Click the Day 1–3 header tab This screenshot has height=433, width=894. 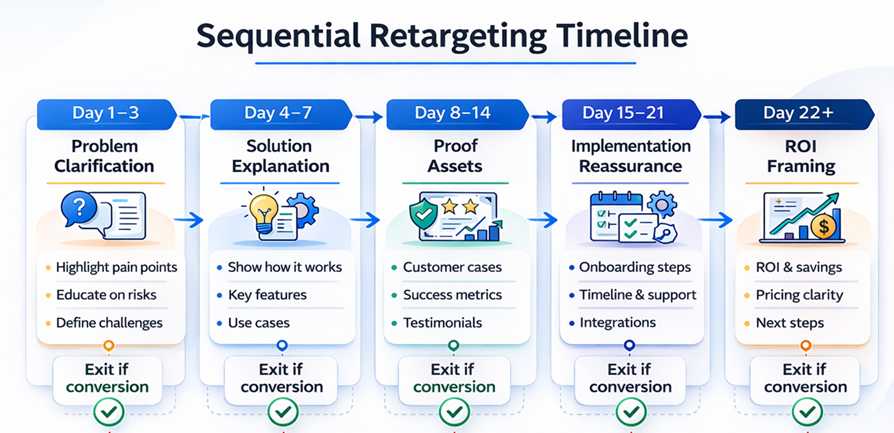(105, 113)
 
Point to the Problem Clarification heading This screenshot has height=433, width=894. (104, 156)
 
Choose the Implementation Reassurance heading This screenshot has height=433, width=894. (630, 156)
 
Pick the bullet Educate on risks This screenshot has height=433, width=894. (106, 295)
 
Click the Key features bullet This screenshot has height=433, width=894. (267, 295)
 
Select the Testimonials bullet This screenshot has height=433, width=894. (442, 323)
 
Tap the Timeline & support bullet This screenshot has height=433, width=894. (637, 295)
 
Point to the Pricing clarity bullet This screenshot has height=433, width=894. (799, 295)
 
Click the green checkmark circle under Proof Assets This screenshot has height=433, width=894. (455, 412)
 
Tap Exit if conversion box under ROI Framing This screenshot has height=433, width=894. (805, 378)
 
